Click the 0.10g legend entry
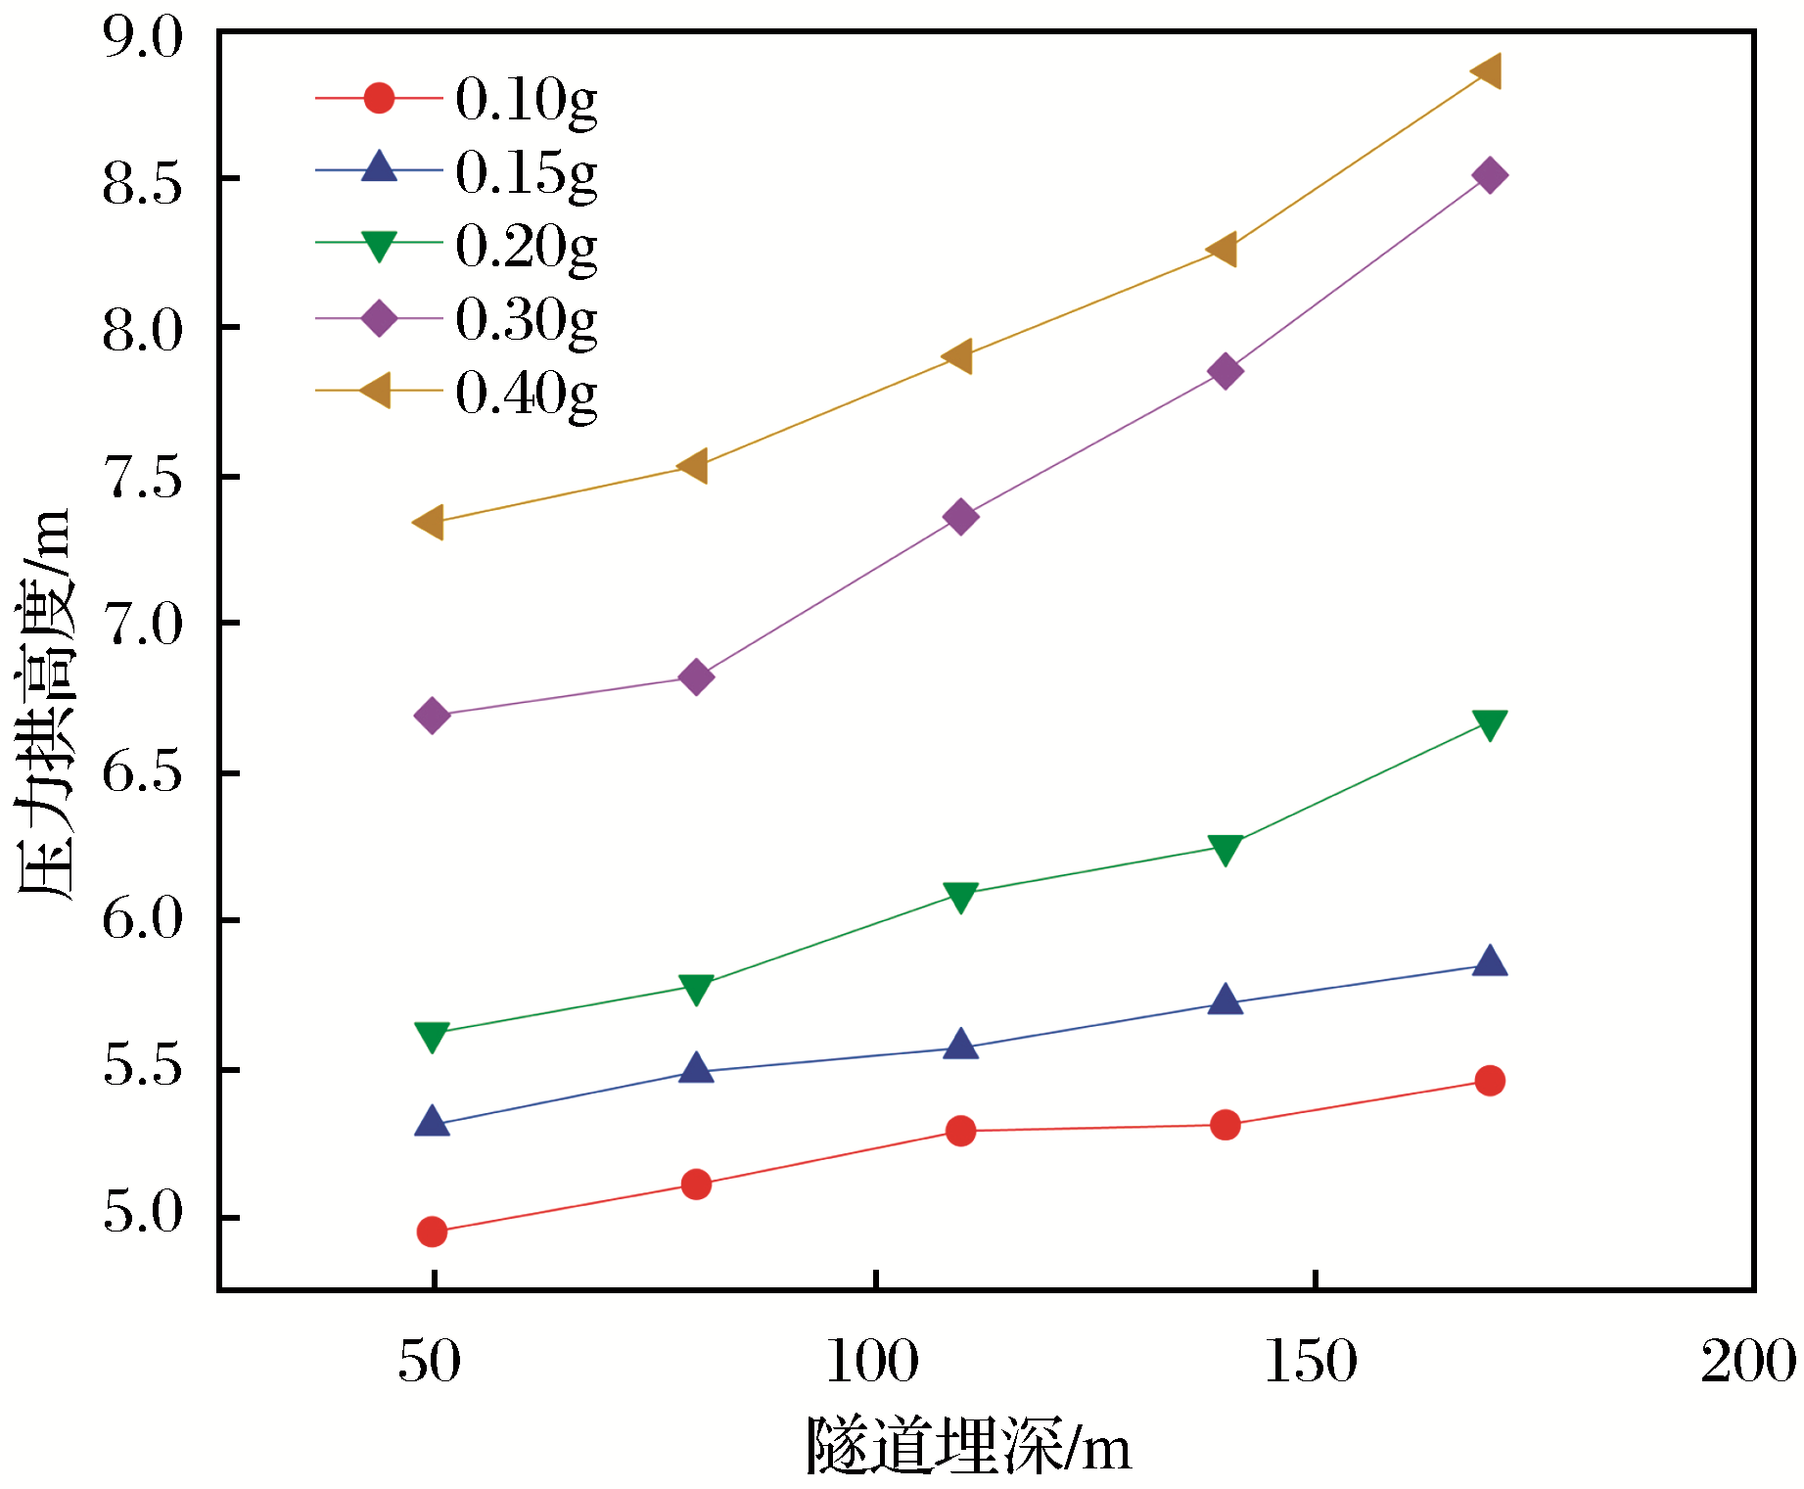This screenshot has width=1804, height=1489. (x=526, y=99)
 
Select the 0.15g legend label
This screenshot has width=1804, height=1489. (x=526, y=172)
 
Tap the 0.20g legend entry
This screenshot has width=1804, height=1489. (x=526, y=246)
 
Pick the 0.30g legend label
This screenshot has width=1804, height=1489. (x=526, y=319)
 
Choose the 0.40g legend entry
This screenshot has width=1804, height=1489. (x=526, y=393)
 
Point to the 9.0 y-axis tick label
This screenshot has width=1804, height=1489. (x=143, y=38)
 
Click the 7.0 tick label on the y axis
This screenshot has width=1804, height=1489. (x=143, y=625)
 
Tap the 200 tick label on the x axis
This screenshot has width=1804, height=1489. (x=1748, y=1362)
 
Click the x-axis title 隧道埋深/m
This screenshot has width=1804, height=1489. (x=968, y=1446)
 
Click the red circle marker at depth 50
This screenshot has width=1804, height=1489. (x=432, y=1232)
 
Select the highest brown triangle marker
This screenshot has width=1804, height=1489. (x=1487, y=71)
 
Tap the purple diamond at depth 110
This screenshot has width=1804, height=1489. (x=961, y=516)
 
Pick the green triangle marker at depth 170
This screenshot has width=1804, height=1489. (x=1490, y=724)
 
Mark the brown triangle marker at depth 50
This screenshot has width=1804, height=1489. (x=430, y=522)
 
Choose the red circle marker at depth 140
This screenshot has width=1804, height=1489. (x=1226, y=1125)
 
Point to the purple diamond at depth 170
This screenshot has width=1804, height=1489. (x=1490, y=176)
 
